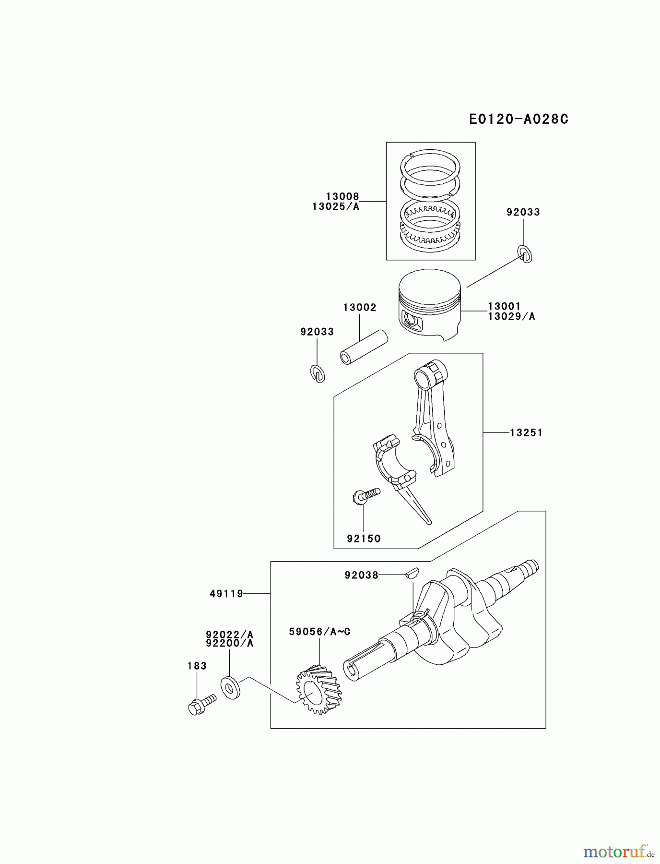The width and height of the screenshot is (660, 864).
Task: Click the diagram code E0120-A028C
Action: click(518, 119)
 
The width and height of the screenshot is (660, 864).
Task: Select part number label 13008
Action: click(342, 196)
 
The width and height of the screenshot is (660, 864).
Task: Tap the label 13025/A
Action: click(335, 206)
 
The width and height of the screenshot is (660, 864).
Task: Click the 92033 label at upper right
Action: click(523, 212)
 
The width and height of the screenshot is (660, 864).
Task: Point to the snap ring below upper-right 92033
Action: click(525, 254)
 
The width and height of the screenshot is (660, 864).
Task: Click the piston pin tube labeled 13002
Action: click(363, 347)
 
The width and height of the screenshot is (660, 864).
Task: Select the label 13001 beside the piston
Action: click(504, 306)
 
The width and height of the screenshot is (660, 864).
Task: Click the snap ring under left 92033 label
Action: click(317, 374)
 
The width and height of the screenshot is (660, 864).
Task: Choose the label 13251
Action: click(526, 432)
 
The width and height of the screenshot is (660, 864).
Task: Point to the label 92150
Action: click(364, 539)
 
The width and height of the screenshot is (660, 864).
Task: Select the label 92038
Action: click(361, 575)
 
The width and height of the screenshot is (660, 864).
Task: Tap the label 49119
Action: click(226, 594)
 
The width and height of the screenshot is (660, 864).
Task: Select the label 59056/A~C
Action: click(319, 632)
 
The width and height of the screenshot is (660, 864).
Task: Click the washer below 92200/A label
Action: click(231, 687)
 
